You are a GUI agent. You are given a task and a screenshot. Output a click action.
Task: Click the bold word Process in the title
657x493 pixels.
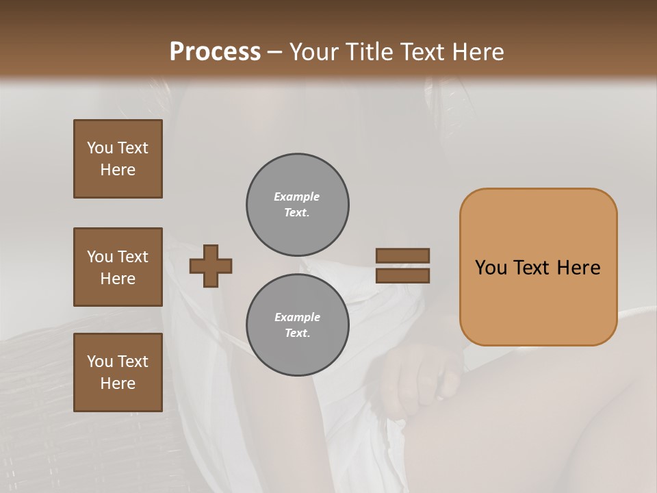pyautogui.click(x=215, y=51)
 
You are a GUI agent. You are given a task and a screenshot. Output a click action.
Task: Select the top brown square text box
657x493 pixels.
pyautogui.click(x=118, y=159)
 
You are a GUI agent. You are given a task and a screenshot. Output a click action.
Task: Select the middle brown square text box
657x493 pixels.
pyautogui.click(x=118, y=267)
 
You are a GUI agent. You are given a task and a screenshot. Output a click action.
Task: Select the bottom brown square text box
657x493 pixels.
pyautogui.click(x=118, y=372)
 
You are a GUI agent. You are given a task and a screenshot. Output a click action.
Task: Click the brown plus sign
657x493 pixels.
pyautogui.click(x=211, y=266)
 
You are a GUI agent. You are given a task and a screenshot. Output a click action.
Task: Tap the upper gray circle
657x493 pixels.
pyautogui.click(x=297, y=205)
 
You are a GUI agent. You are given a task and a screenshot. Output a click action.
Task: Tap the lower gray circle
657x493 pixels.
pyautogui.click(x=297, y=325)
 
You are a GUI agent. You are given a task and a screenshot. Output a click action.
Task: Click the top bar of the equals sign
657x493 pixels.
pyautogui.click(x=402, y=255)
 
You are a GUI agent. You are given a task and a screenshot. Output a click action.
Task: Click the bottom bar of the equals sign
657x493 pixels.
pyautogui.click(x=402, y=275)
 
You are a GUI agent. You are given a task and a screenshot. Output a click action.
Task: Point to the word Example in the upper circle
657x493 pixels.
pyautogui.click(x=297, y=197)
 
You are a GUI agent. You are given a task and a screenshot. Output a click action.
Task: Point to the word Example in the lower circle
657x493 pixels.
pyautogui.click(x=297, y=317)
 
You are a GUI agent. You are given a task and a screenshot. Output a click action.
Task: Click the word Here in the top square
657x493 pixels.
pyautogui.click(x=118, y=170)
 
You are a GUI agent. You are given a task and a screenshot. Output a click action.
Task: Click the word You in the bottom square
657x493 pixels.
pyautogui.click(x=100, y=361)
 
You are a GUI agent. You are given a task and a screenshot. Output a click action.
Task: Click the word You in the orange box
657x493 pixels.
pyautogui.click(x=491, y=268)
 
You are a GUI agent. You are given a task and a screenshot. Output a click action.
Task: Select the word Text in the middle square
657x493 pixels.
pyautogui.click(x=132, y=257)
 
